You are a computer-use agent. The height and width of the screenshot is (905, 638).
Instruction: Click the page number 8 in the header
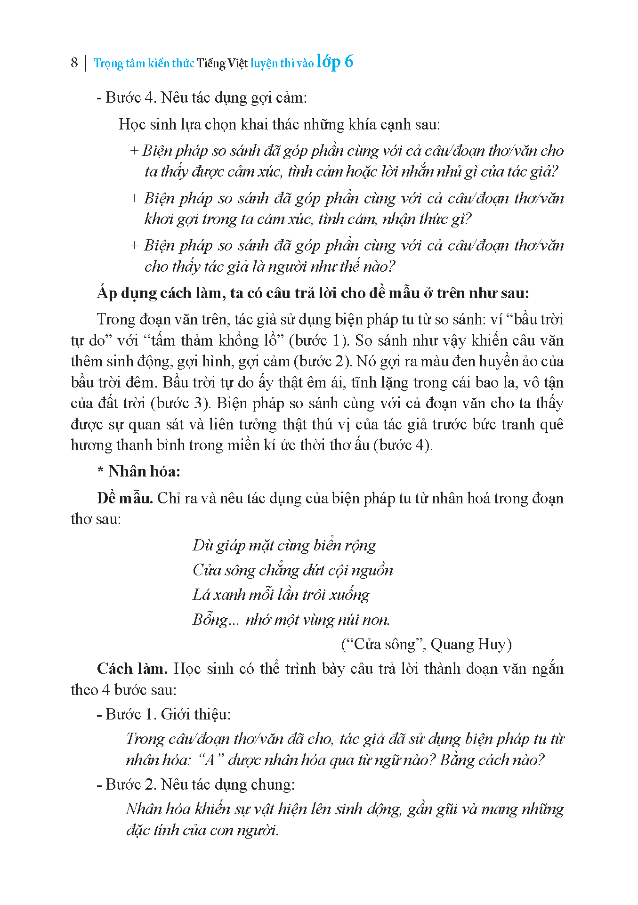pos(74,63)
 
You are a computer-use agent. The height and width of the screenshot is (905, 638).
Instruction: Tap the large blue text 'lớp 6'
pos(335,61)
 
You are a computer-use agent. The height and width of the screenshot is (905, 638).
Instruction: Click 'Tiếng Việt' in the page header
pos(222,63)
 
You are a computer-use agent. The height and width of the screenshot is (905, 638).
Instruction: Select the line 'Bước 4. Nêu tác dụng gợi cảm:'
pos(202,97)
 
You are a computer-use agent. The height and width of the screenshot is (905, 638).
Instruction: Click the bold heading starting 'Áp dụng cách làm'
pos(313,293)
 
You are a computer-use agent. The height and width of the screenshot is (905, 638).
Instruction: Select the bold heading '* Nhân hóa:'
pos(139,471)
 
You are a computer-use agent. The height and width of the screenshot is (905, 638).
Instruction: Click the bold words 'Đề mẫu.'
pos(125,498)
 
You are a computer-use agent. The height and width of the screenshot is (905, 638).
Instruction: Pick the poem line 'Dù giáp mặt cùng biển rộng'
pos(284,545)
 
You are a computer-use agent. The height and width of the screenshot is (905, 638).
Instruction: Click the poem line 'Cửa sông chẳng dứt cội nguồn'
pos(292,570)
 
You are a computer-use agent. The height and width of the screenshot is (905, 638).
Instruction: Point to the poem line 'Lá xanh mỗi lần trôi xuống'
pos(281,595)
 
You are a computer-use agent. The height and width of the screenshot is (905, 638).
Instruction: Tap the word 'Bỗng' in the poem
pos(210,620)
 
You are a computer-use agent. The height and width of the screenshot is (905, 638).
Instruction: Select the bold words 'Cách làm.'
pos(132,669)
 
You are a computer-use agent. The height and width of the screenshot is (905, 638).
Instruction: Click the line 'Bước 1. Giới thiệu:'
pos(163,714)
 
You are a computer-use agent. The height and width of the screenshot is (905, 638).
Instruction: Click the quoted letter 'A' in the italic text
pos(208,760)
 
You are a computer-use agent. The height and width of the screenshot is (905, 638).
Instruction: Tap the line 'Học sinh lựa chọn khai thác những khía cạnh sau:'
pos(279,124)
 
